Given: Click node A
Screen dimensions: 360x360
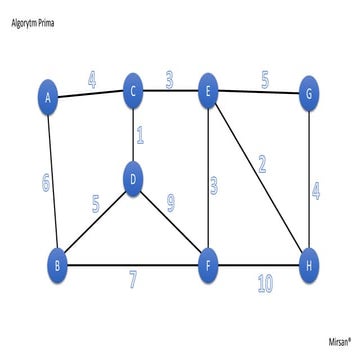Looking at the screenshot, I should [x=47, y=97].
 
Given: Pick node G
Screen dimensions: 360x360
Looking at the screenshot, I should [x=312, y=96].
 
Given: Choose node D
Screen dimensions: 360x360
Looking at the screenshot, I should [x=133, y=180].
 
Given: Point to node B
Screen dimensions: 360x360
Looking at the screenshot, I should [x=58, y=264].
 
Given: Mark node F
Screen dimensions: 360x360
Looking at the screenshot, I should [x=208, y=265].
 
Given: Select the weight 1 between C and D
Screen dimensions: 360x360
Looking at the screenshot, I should [x=140, y=135].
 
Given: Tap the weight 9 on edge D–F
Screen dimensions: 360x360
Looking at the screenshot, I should [x=171, y=204].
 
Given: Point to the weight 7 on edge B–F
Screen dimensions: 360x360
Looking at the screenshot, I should [x=132, y=280].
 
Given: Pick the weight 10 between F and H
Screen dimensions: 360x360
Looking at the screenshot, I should [x=264, y=284].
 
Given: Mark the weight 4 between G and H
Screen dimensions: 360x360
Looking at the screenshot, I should [x=316, y=190].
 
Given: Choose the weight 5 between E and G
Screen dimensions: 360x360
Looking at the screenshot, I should [x=265, y=75].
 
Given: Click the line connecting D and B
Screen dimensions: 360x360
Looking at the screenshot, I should [x=94, y=223].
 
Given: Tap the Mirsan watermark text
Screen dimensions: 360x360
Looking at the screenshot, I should [x=340, y=341].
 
